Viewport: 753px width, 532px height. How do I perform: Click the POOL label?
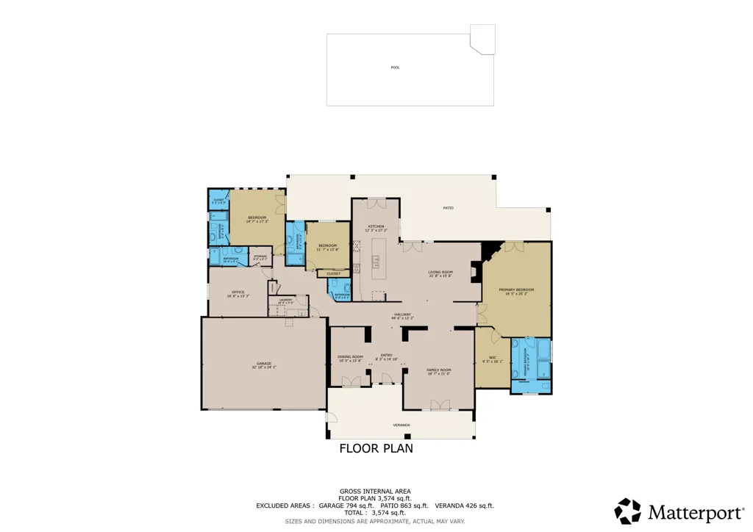pos(395,68)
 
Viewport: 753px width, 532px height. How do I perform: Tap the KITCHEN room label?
pos(376,226)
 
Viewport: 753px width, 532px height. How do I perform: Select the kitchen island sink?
pos(375,259)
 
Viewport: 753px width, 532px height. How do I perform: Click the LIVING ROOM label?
pos(440,272)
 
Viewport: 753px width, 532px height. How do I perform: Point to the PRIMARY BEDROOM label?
pos(516,290)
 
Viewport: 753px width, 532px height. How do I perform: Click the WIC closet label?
pos(492,358)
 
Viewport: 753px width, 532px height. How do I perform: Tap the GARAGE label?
pos(264,364)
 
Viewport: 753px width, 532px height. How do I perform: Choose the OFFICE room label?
pos(238,292)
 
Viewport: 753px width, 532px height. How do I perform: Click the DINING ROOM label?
pos(350,356)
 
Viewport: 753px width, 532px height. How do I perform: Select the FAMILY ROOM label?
pos(438,370)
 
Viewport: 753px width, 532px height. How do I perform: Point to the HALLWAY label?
pos(402,314)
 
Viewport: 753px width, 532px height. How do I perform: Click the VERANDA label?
pos(401,425)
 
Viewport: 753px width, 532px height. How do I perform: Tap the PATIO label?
pos(448,208)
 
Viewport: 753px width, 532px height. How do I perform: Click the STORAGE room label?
pos(260,256)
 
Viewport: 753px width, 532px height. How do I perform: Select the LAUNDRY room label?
pos(285,299)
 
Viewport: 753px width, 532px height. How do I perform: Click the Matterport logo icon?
pos(628,511)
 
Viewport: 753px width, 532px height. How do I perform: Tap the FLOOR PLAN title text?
pos(376,448)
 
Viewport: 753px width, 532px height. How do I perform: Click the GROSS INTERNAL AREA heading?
pos(375,491)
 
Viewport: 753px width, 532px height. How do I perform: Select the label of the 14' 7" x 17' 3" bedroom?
pos(257,218)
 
